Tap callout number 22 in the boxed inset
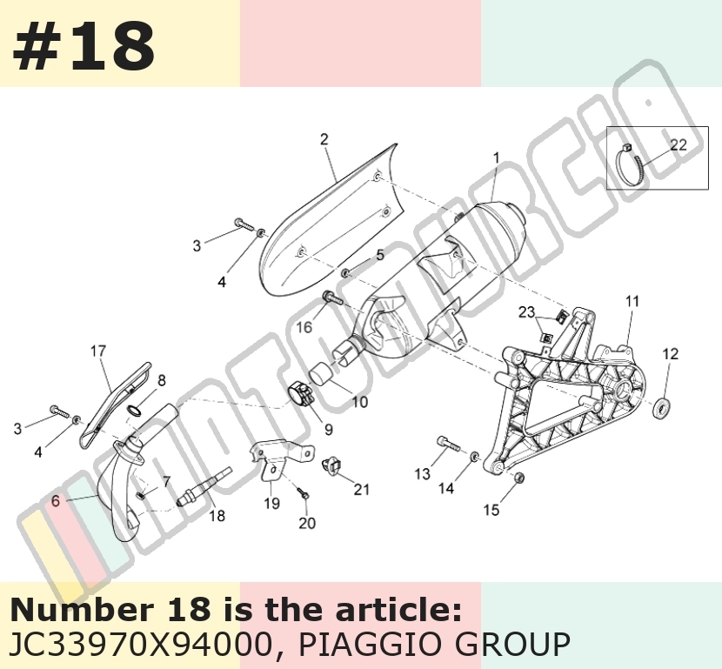pos(679,145)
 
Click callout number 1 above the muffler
pos(496,158)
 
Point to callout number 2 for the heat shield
pos(324,139)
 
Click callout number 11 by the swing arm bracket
pos(632,301)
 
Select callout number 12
pos(671,353)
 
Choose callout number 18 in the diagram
pos(217,516)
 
